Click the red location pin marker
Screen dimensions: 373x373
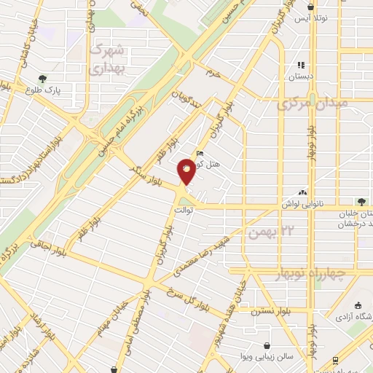(x=186, y=173)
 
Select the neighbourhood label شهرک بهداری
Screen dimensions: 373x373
(x=109, y=61)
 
